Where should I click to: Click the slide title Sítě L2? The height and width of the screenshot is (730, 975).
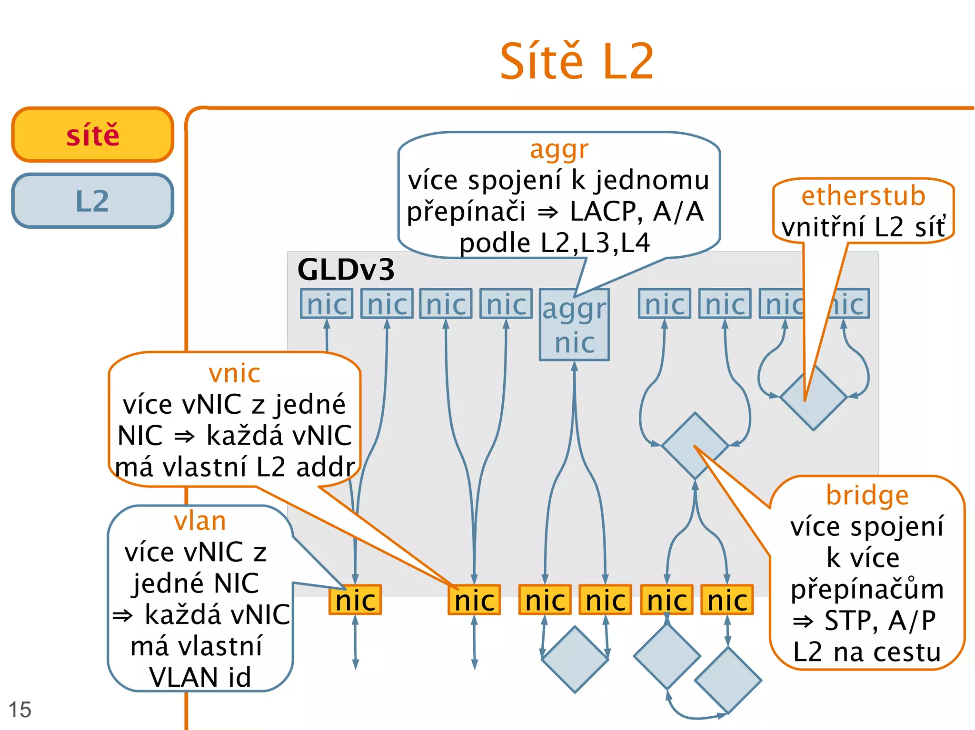click(x=577, y=62)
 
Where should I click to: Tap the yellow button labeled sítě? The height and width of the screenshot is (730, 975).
click(x=93, y=135)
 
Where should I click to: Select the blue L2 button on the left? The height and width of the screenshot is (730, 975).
click(x=93, y=201)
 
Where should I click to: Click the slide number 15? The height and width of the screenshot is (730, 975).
click(x=20, y=710)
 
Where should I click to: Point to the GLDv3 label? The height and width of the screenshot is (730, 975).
click(x=346, y=270)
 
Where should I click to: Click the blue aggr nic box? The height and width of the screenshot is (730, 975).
click(x=574, y=325)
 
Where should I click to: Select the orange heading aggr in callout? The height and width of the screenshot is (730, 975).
click(x=559, y=149)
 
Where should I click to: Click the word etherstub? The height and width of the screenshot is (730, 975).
click(x=863, y=196)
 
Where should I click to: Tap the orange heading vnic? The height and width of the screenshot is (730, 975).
click(x=234, y=373)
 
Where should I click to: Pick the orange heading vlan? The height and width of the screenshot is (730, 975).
click(x=200, y=521)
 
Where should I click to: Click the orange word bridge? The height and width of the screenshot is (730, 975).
click(x=867, y=496)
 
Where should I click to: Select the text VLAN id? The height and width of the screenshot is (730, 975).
click(x=200, y=677)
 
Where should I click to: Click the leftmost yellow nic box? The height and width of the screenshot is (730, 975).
click(x=355, y=600)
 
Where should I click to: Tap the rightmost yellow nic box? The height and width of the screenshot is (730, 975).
click(x=727, y=600)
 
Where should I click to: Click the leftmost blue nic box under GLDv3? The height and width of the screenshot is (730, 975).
click(x=327, y=303)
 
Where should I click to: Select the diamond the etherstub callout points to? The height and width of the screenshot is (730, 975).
click(x=813, y=398)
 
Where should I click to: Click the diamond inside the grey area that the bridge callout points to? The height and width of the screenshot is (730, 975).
click(x=695, y=446)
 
